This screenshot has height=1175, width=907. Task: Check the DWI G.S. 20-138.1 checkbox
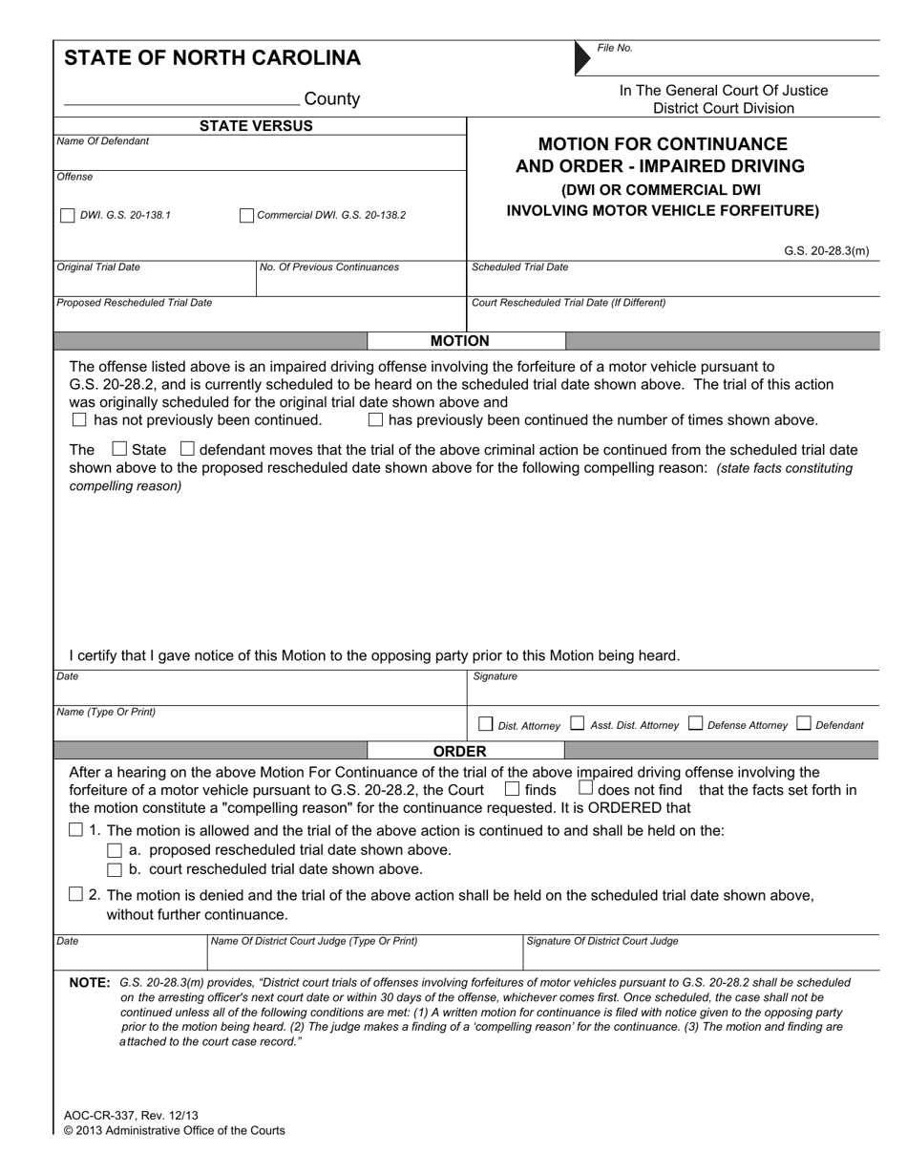[x=67, y=216]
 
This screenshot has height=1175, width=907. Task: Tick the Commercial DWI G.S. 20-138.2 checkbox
[x=246, y=216]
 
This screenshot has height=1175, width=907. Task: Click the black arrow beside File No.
[x=582, y=58]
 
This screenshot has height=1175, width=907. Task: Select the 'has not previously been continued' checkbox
[x=79, y=419]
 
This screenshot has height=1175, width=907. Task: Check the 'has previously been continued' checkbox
[x=375, y=419]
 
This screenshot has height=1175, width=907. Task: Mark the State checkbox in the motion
[x=119, y=448]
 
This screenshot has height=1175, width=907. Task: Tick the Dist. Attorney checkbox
[x=485, y=724]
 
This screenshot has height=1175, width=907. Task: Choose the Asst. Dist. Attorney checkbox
[x=577, y=724]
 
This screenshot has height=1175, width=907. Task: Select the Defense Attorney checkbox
[x=694, y=724]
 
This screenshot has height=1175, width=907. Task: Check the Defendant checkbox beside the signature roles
[x=802, y=724]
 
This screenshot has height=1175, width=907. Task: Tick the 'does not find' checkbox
[x=585, y=789]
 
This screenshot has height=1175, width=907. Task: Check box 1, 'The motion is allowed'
[x=76, y=830]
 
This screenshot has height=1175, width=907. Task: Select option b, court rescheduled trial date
[x=115, y=869]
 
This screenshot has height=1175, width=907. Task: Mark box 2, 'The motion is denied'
[x=76, y=894]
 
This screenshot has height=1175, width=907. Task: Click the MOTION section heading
[x=459, y=341]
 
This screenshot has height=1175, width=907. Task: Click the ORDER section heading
[x=459, y=751]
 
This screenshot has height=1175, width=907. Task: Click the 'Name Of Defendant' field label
[x=103, y=141]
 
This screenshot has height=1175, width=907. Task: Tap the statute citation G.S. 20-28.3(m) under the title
[x=826, y=251]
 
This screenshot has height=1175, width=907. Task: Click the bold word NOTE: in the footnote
[x=90, y=982]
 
